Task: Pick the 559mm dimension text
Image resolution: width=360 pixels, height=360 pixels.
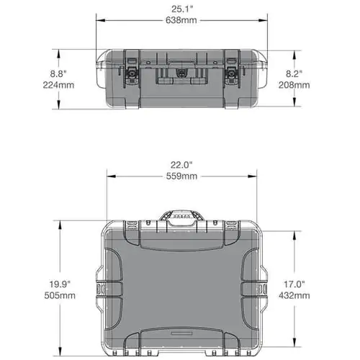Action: point(181,176)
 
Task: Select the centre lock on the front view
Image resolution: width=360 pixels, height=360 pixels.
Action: point(182,73)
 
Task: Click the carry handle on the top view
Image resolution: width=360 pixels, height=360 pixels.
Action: point(182,218)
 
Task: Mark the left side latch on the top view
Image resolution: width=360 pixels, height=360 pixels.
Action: point(102,288)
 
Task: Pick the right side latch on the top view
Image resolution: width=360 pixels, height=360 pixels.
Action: point(262,288)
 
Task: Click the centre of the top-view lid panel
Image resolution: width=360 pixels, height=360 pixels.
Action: point(181,288)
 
